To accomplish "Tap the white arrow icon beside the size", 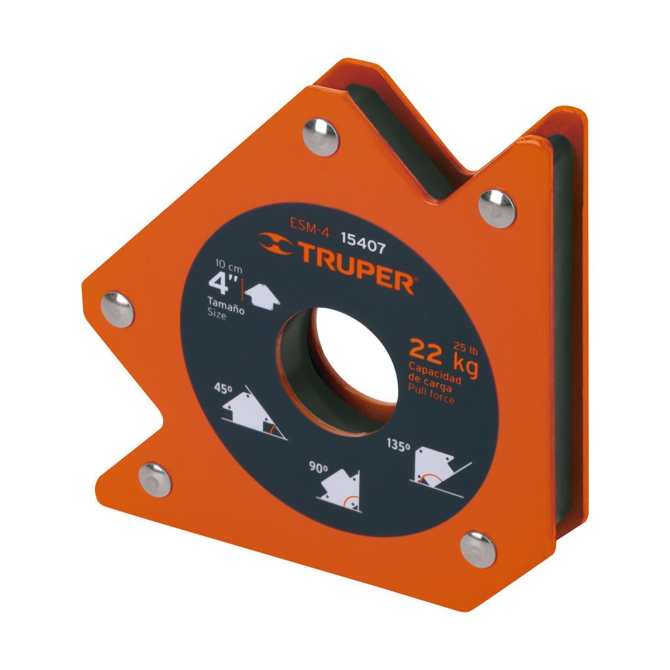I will (262, 296).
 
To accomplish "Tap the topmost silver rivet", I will (321, 137).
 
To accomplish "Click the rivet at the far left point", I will (118, 309).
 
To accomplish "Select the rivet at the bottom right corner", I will (478, 548).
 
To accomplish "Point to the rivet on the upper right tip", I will (497, 208).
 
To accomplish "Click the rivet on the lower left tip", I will (155, 480).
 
